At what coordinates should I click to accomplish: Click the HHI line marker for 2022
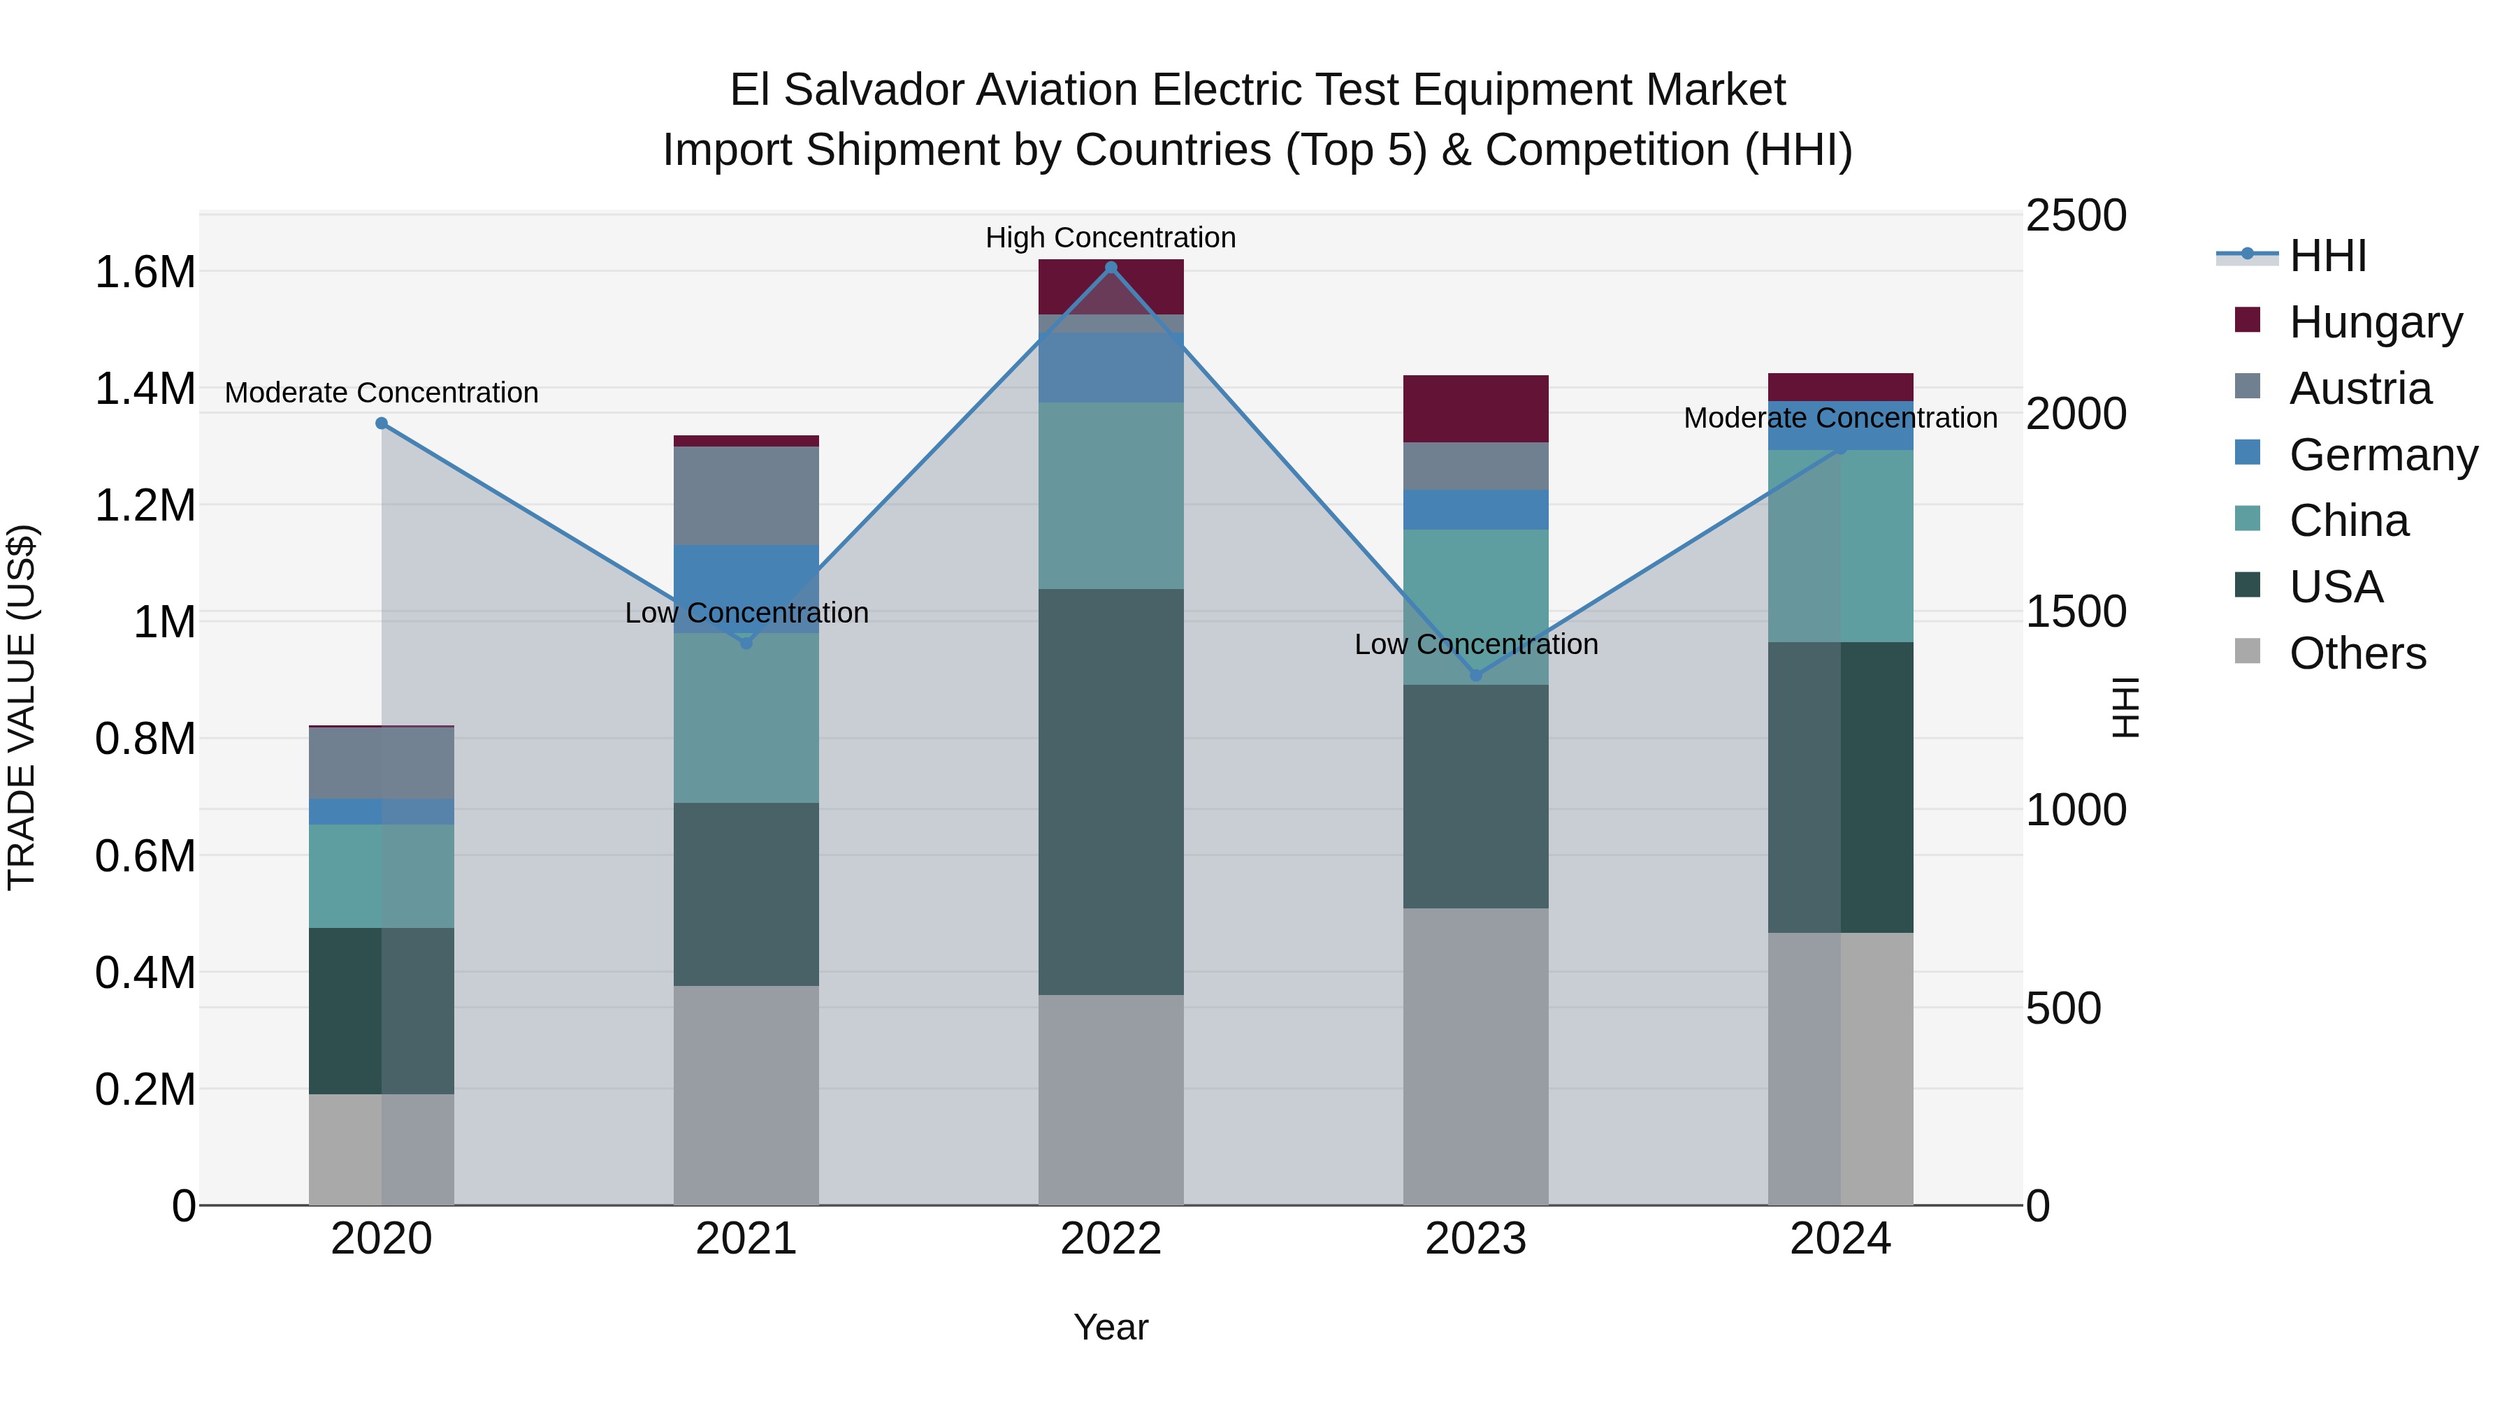1111,268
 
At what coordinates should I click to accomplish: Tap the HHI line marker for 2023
1476,675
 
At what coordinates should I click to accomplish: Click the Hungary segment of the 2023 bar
1476,408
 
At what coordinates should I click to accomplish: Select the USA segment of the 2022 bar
1111,791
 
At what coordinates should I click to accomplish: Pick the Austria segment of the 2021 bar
746,495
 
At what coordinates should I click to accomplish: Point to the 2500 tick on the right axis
2076,216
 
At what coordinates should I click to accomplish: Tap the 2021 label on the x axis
746,1239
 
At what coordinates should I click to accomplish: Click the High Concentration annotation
1111,238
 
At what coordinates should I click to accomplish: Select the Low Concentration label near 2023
1476,644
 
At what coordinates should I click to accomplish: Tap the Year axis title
1111,1327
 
